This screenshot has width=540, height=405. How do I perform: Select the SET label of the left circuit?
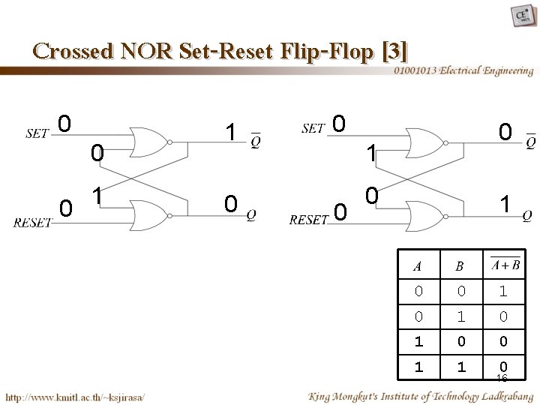[37, 133]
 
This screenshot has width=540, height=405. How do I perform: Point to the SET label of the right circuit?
[313, 128]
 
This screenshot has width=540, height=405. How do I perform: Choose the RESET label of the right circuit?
[308, 220]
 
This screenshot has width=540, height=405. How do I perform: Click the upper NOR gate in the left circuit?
[148, 141]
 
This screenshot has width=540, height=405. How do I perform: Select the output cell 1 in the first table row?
[502, 289]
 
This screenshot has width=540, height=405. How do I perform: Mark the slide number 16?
[502, 379]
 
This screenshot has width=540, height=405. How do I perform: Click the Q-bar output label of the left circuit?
[256, 139]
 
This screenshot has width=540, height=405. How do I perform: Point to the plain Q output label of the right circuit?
[527, 214]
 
